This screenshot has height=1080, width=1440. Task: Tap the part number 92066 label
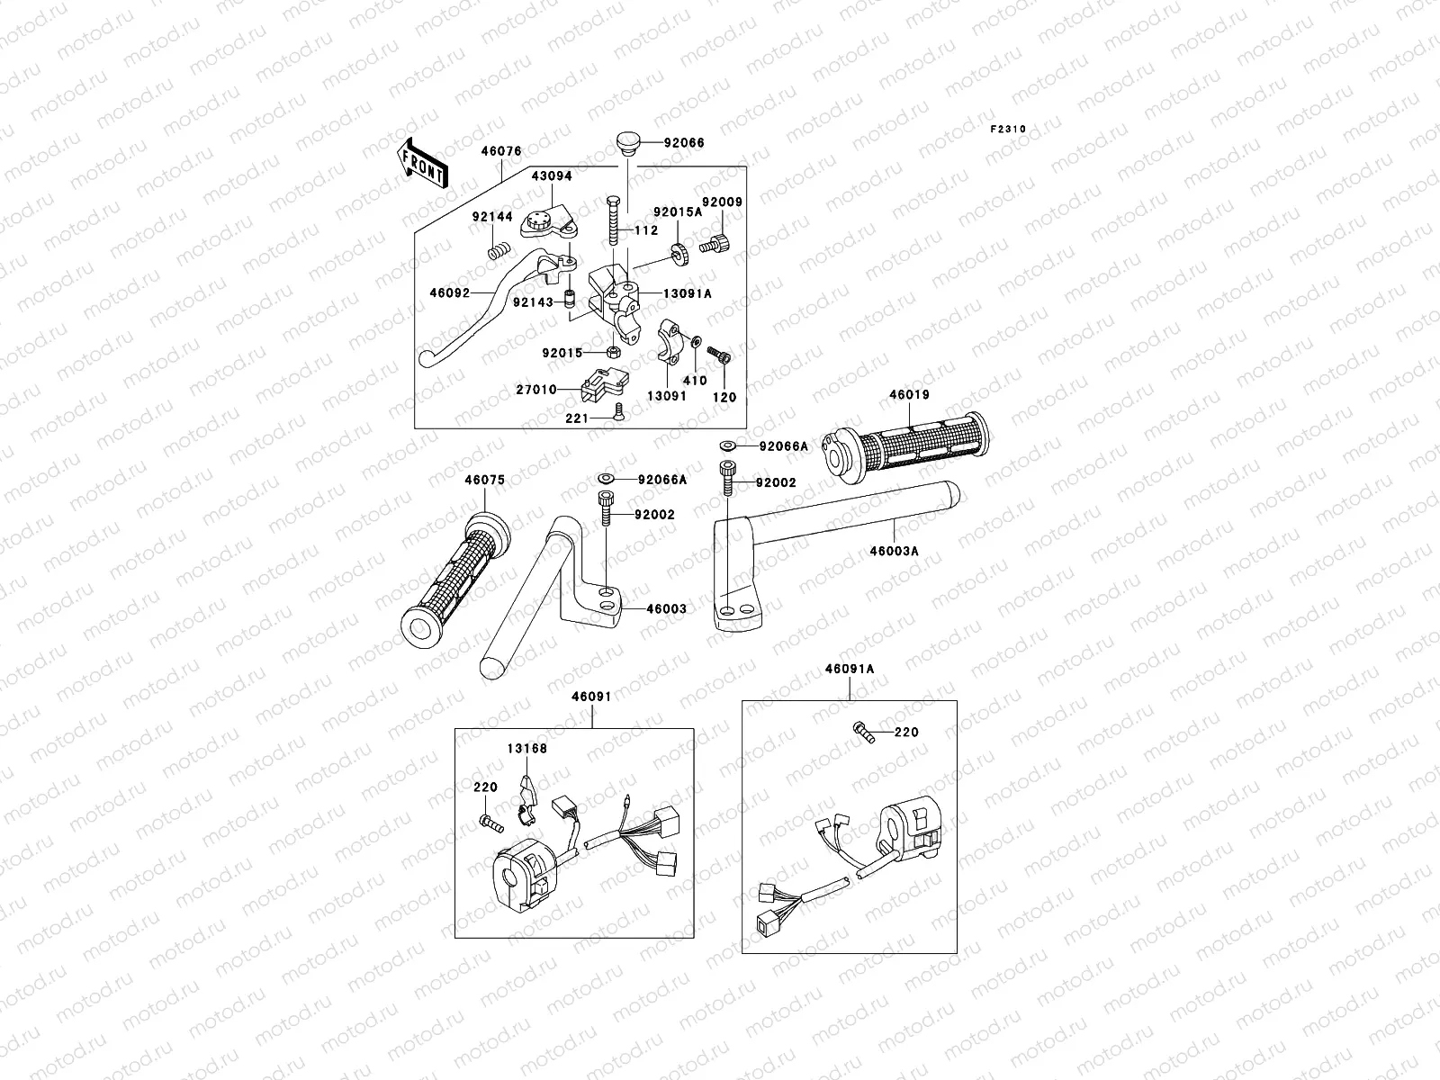pos(684,143)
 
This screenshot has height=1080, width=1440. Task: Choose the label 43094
pos(551,176)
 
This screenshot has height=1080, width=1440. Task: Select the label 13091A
pos(688,293)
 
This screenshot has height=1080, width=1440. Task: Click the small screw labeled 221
pos(616,411)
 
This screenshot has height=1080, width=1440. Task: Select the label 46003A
pos(894,551)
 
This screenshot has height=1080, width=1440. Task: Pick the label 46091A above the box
pos(849,670)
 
